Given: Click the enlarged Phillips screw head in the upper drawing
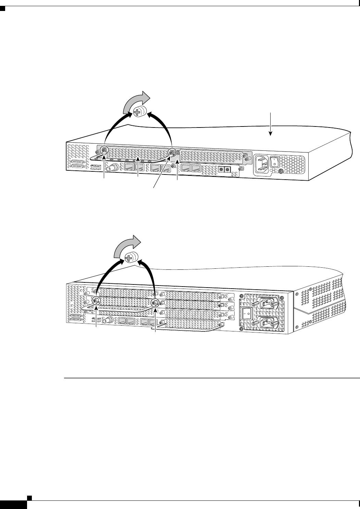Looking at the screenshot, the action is point(139,112).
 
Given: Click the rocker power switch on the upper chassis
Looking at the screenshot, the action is point(274,162).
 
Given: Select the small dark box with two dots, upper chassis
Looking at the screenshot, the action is point(224,169).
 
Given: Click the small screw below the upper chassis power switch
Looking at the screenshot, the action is point(281,171).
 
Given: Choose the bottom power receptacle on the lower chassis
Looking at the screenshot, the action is point(268,323).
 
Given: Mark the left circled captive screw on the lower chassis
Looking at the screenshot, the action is point(96,301).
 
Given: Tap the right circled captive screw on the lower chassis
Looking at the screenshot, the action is point(155,303).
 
